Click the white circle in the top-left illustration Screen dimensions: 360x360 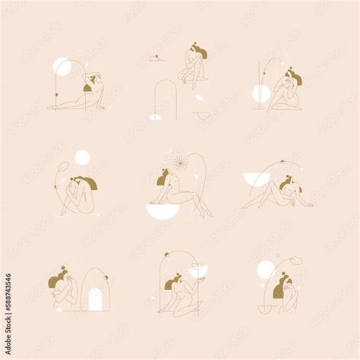62,67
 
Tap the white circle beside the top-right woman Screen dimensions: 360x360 261,93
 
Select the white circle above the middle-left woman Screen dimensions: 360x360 82,157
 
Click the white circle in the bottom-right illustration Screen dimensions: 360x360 266,270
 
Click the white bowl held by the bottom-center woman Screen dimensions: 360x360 197,271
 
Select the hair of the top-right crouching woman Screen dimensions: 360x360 291,76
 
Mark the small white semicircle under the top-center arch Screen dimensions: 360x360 155,117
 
